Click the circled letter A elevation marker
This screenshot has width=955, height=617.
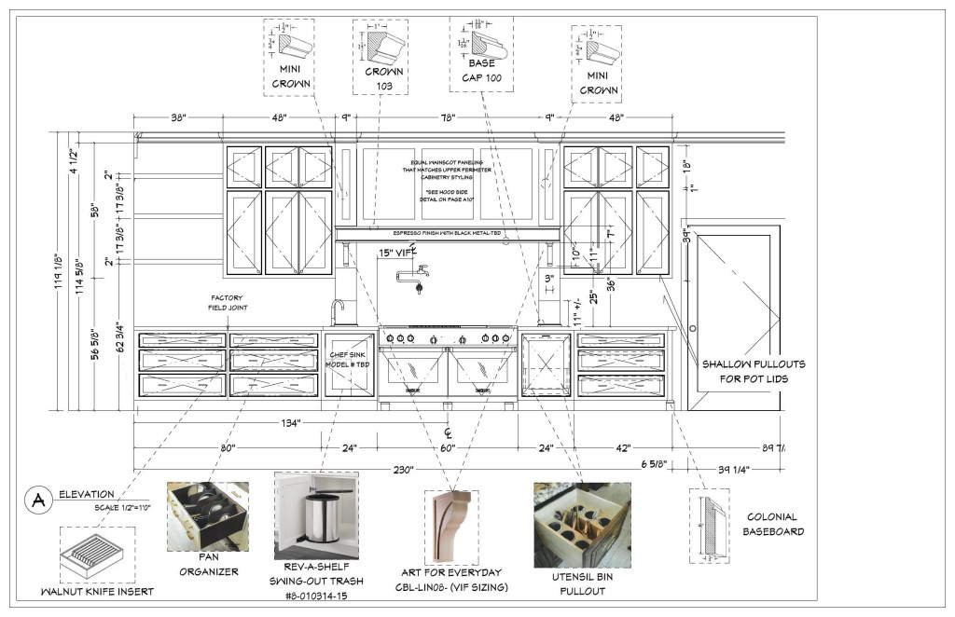pyautogui.click(x=39, y=500)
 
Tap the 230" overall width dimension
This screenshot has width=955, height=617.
pyautogui.click(x=402, y=470)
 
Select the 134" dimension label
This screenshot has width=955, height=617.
pyautogui.click(x=289, y=423)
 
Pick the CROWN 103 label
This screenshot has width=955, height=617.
pyautogui.click(x=384, y=78)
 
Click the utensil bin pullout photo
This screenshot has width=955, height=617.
pyautogui.click(x=581, y=525)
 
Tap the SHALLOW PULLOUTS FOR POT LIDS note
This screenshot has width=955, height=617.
pyautogui.click(x=754, y=371)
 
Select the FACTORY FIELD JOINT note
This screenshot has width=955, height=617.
pyautogui.click(x=228, y=302)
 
